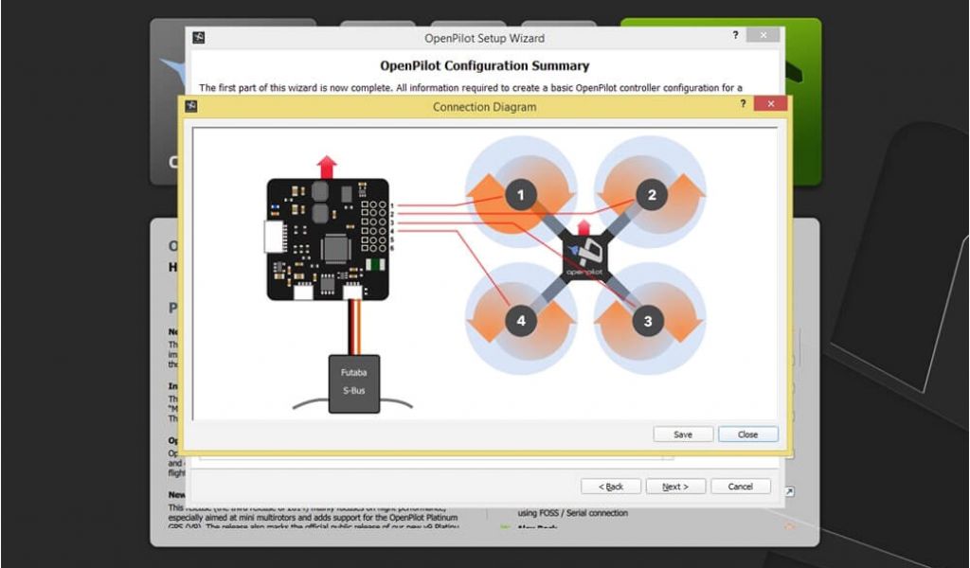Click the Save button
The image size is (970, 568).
683,435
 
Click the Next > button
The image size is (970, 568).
675,487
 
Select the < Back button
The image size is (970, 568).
610,487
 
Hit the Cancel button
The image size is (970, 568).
740,487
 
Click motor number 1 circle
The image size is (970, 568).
520,195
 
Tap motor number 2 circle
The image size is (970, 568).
652,195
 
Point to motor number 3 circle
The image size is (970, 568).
648,320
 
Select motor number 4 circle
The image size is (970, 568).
520,320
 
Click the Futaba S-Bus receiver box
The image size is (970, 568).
352,382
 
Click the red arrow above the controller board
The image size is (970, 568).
327,168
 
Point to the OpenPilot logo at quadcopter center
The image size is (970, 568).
584,255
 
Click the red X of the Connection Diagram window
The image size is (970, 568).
770,104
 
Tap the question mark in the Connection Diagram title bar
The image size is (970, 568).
743,104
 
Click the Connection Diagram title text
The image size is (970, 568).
484,107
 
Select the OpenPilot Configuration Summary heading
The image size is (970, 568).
484,66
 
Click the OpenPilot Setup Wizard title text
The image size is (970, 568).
484,39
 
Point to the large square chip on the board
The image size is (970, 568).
337,248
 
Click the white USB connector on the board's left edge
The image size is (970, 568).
274,237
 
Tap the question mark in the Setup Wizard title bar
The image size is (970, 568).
735,36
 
